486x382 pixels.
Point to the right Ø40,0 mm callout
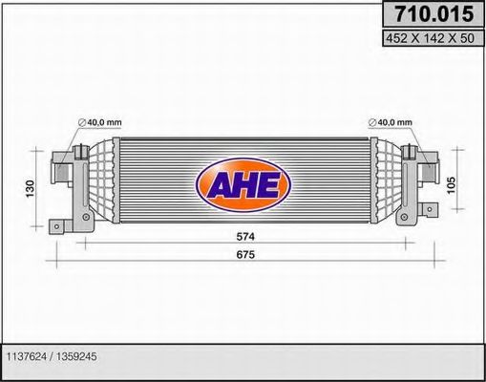tap(395, 122)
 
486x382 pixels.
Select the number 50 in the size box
tap(467, 38)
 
